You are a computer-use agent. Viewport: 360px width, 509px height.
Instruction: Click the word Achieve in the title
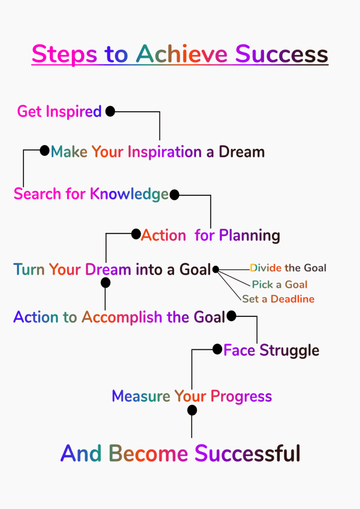[x=182, y=54]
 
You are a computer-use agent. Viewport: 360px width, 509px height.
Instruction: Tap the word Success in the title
[x=282, y=54]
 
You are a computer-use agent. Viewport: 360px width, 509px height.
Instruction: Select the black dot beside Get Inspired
[x=110, y=111]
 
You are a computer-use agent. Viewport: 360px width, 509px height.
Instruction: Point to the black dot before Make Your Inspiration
[x=45, y=150]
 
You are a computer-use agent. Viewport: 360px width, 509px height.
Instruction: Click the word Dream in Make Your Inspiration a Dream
[x=242, y=152]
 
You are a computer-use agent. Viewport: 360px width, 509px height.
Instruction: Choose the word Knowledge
[x=129, y=194]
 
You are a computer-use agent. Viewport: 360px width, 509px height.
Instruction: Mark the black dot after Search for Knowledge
[x=174, y=195]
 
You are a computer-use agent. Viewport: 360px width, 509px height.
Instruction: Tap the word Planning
[x=249, y=235]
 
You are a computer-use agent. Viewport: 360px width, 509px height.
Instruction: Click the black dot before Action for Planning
[x=136, y=234]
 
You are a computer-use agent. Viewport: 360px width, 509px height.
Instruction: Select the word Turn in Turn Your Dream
[x=29, y=270]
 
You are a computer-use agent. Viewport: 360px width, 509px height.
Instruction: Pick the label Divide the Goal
[x=288, y=268]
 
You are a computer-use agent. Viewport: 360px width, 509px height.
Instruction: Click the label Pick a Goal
[x=279, y=284]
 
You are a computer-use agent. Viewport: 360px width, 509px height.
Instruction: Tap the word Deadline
[x=292, y=299]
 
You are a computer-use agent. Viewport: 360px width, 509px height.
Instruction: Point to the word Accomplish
[x=122, y=317]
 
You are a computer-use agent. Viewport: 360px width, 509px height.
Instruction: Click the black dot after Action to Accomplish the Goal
[x=231, y=315]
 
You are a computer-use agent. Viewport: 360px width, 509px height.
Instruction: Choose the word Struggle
[x=289, y=351]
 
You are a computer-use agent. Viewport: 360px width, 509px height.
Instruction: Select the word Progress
[x=241, y=396]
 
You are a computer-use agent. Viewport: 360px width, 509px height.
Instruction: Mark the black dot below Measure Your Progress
[x=192, y=410]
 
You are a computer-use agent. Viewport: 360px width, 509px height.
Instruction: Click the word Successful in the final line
[x=247, y=453]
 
